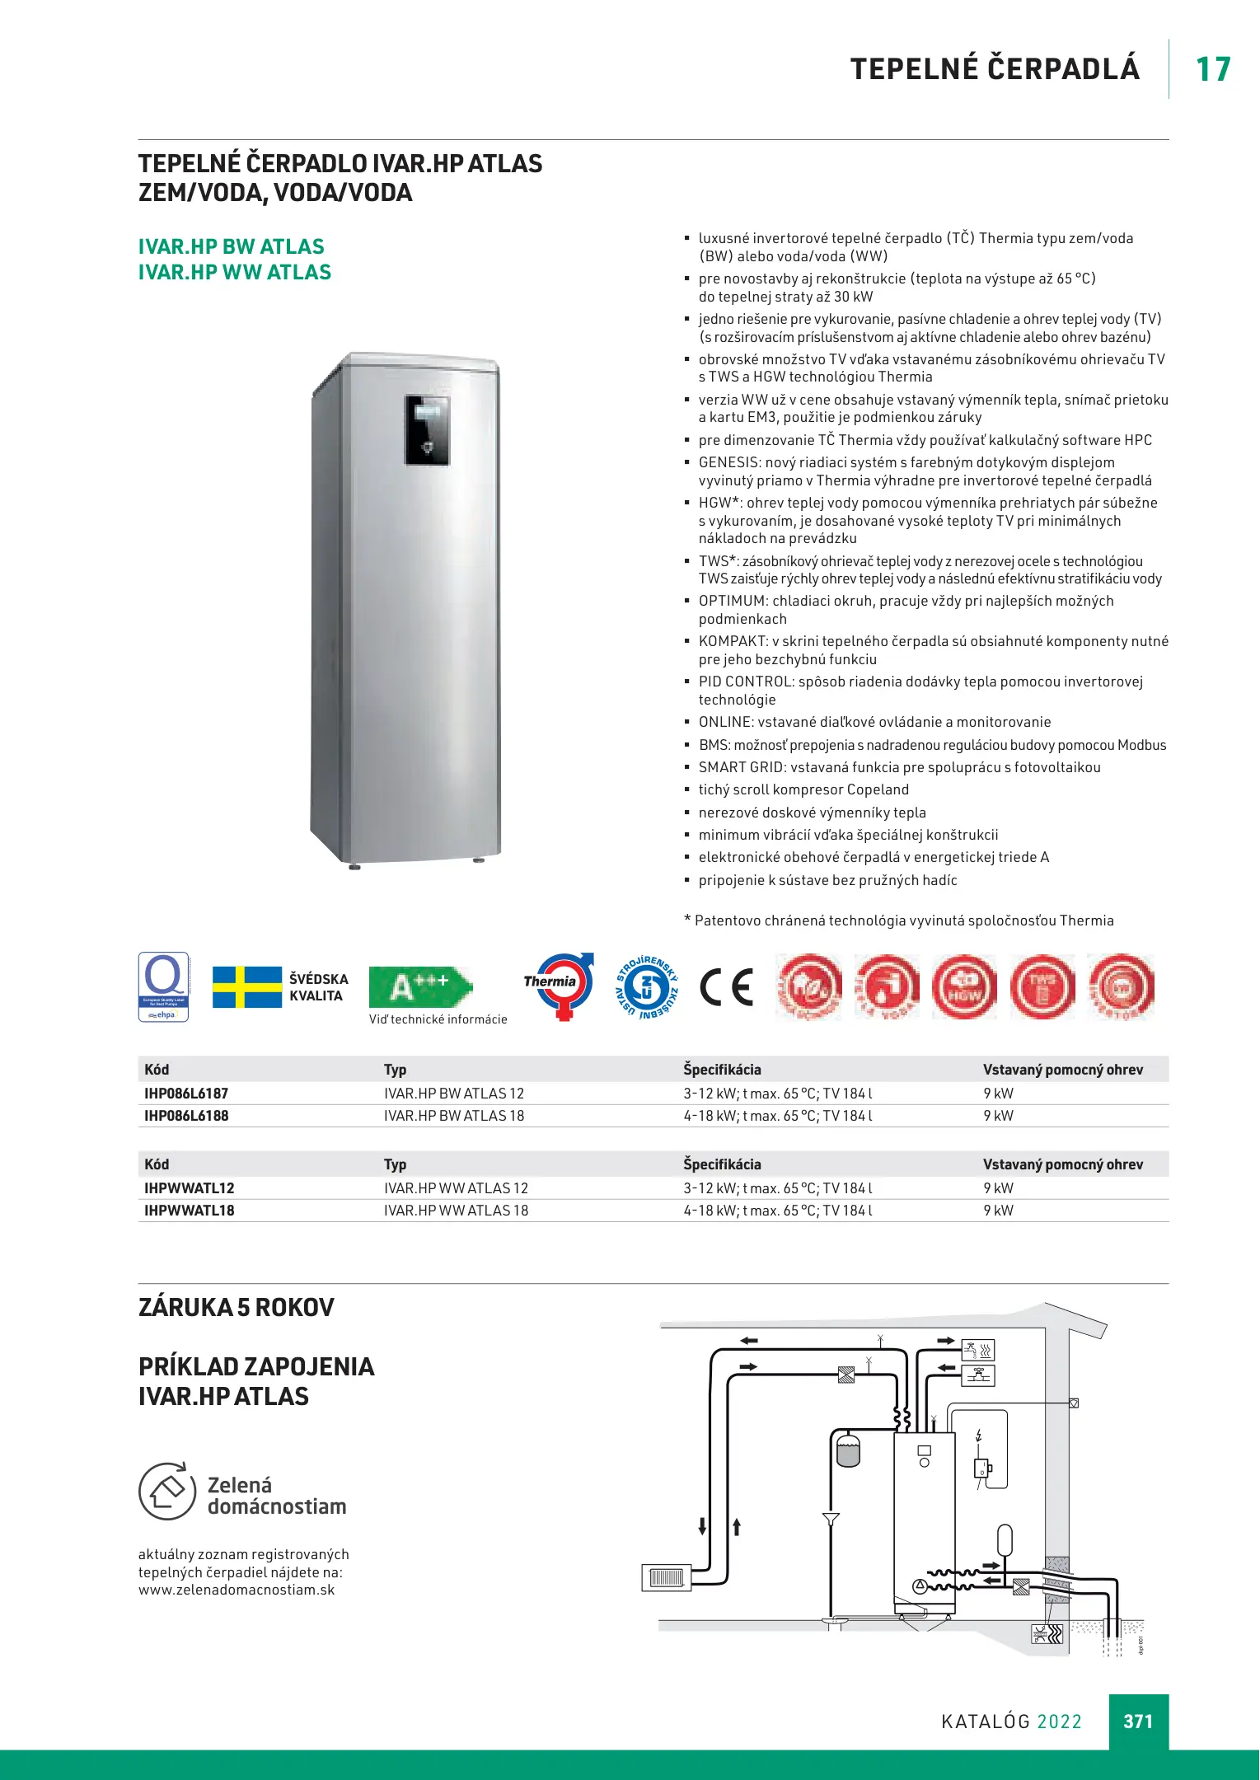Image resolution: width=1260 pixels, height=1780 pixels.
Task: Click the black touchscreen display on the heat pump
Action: [x=428, y=429]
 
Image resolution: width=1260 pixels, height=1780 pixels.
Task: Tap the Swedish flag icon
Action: [x=246, y=987]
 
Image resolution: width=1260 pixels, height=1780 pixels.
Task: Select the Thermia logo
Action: [x=559, y=986]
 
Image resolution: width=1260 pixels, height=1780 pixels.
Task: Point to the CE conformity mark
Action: [x=726, y=987]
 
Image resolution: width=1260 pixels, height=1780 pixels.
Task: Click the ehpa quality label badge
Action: [x=163, y=987]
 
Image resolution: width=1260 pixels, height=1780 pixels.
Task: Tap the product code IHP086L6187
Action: [x=186, y=1094]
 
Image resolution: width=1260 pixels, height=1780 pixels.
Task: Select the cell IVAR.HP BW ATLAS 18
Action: [x=454, y=1116]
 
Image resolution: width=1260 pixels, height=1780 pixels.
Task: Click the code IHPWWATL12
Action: [x=190, y=1188]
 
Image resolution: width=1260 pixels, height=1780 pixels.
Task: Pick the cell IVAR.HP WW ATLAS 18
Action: [x=456, y=1211]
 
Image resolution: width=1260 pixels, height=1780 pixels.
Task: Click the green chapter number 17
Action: [x=1213, y=70]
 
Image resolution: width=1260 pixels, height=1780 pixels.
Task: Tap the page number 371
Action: [x=1138, y=1721]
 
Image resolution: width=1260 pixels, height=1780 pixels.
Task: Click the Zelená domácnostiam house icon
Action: [x=167, y=1492]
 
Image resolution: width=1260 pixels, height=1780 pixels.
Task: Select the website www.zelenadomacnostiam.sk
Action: [x=237, y=1590]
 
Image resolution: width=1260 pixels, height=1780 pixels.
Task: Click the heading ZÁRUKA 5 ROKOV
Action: [x=237, y=1308]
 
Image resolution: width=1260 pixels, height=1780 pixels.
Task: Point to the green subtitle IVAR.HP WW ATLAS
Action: [x=235, y=273]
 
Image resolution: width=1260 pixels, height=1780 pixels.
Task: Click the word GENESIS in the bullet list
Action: [x=728, y=463]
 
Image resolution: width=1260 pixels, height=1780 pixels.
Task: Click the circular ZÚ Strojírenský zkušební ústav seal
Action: [x=648, y=987]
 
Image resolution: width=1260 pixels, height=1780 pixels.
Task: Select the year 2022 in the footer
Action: [x=1059, y=1721]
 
